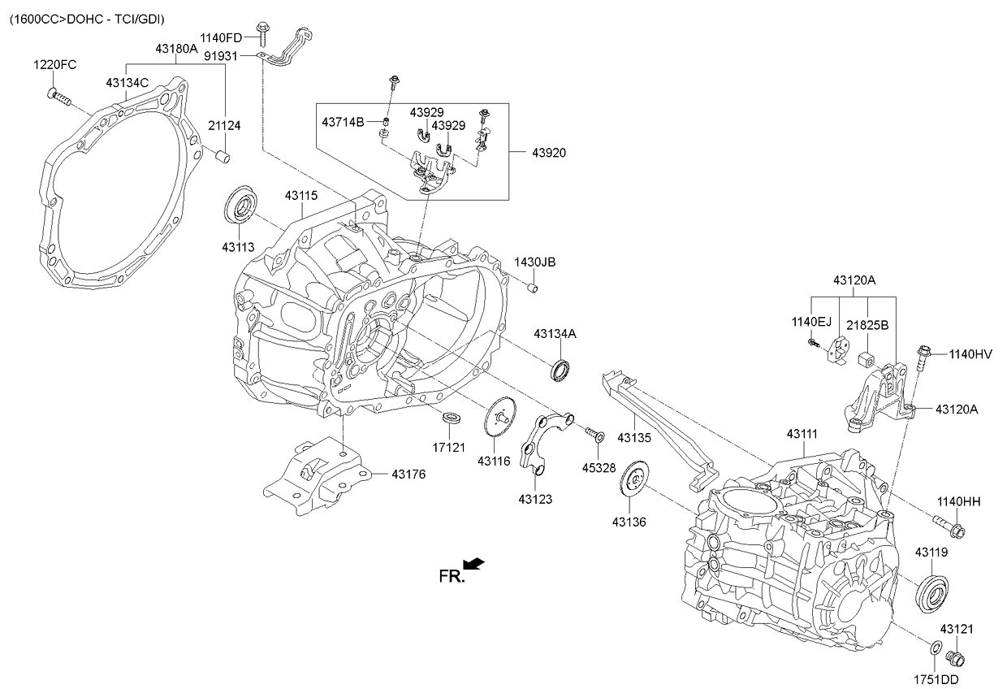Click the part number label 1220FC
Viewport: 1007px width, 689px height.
[x=55, y=65]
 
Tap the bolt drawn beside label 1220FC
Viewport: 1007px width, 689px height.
[x=59, y=97]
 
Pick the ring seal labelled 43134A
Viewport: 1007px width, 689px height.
[x=561, y=368]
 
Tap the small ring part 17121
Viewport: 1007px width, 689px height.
[x=452, y=418]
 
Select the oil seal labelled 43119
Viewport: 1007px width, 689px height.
[x=931, y=591]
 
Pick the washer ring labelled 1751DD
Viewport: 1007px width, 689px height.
[x=935, y=648]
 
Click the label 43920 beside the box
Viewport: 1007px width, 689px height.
[x=548, y=153]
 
